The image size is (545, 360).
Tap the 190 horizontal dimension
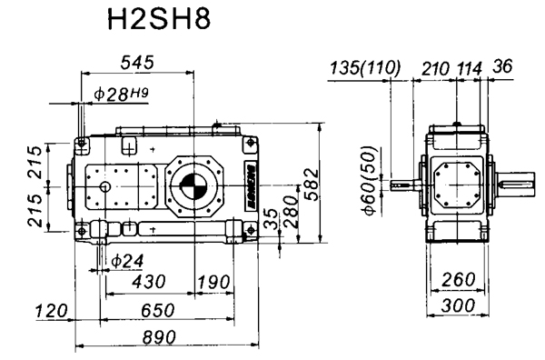coord(213,283)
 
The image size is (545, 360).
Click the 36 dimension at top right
coord(501,67)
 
